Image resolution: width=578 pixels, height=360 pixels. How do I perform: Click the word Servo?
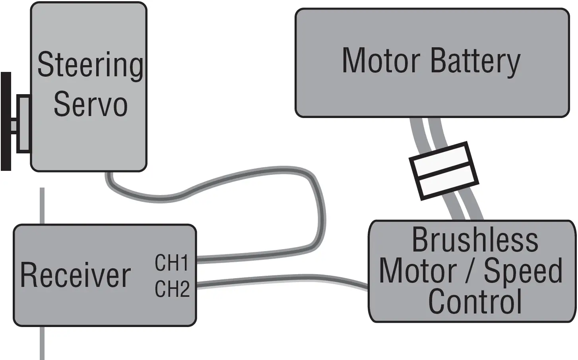click(90, 104)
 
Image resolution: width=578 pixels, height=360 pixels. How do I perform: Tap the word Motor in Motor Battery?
click(381, 61)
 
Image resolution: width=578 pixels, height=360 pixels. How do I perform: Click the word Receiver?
click(76, 275)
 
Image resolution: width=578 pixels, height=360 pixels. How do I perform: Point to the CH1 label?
click(172, 263)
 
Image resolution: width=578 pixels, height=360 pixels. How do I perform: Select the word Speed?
click(523, 271)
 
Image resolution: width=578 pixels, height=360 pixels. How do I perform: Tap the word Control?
click(475, 301)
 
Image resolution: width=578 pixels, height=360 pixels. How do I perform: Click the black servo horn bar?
click(6, 121)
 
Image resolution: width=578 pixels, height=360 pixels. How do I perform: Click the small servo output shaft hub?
click(23, 124)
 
